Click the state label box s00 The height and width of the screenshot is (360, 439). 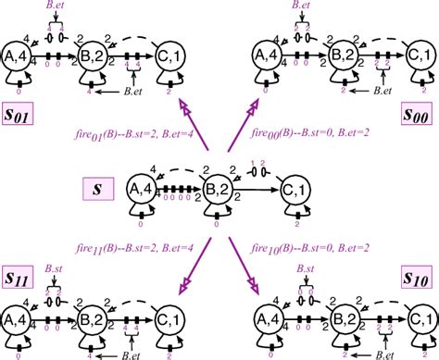[419, 115]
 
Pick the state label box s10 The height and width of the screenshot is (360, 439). [419, 279]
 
